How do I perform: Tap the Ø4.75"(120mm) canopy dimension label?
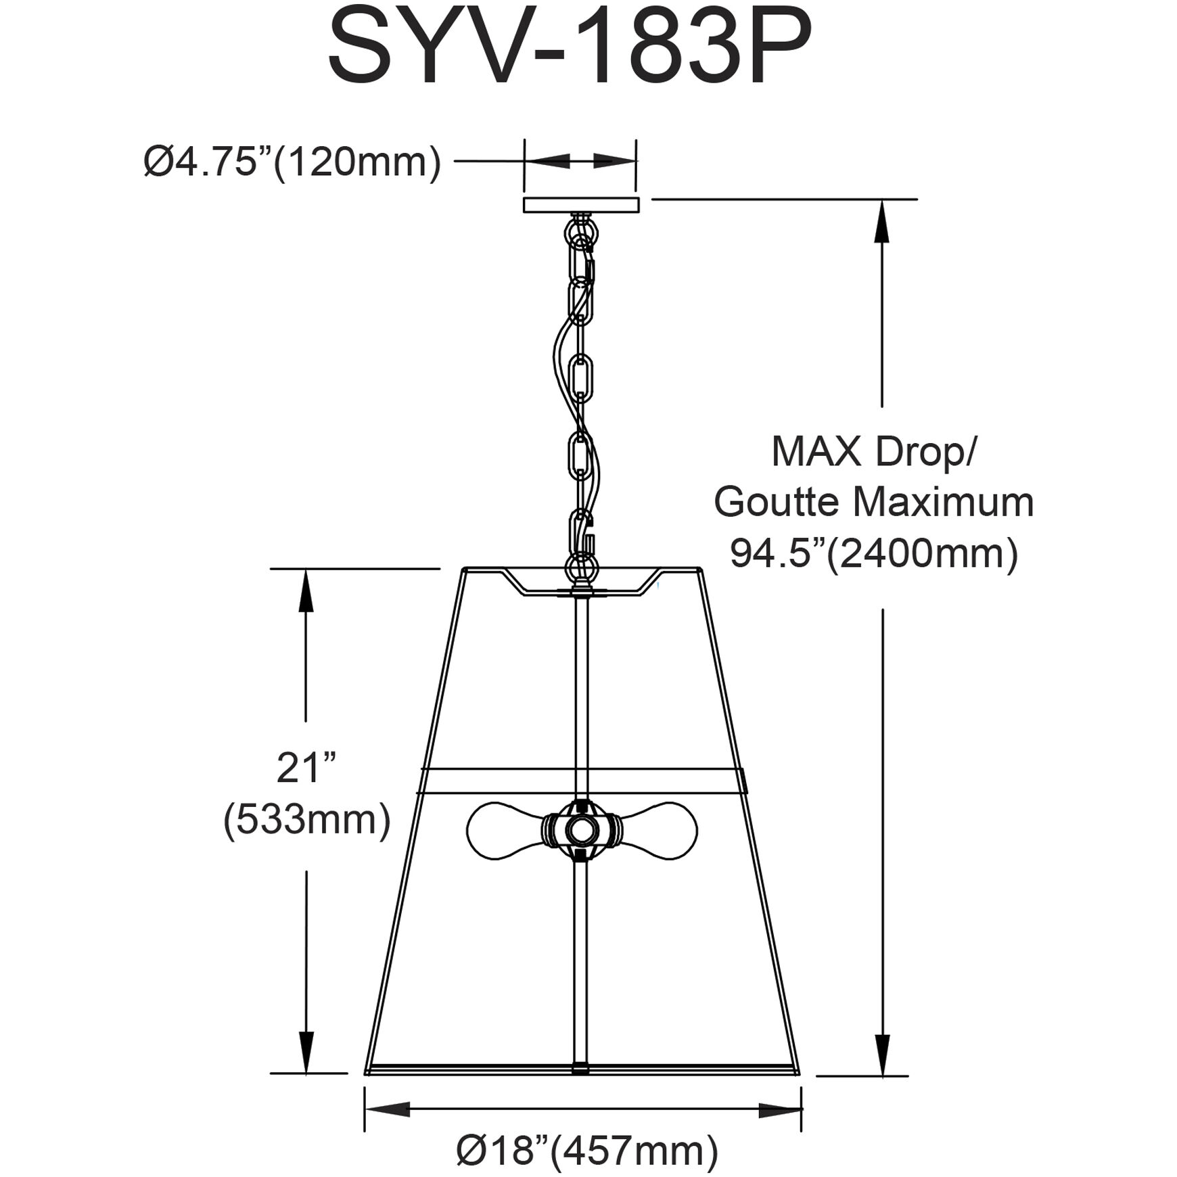[x=292, y=162]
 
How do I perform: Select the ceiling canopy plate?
[x=581, y=206]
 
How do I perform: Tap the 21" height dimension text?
[x=306, y=769]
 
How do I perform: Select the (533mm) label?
[x=307, y=821]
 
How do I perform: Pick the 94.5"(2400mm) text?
[x=874, y=555]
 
